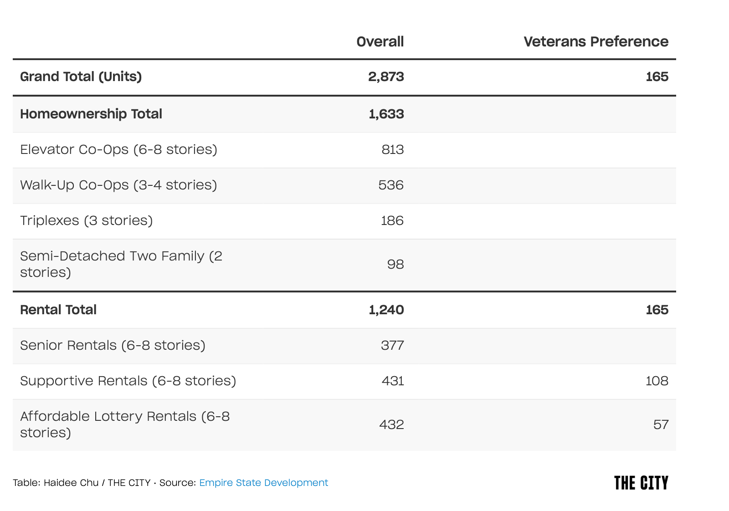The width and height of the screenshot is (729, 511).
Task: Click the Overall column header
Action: click(x=380, y=41)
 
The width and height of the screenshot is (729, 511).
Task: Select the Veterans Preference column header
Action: click(x=596, y=41)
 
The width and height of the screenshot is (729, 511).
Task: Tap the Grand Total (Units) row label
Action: click(x=81, y=77)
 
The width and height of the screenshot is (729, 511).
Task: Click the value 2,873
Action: click(x=386, y=77)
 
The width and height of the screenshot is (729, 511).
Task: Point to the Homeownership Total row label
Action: click(x=91, y=114)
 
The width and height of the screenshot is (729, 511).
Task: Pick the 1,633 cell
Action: click(x=386, y=114)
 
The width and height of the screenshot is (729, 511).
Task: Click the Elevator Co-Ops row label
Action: click(x=118, y=150)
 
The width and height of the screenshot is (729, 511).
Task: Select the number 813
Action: click(x=392, y=150)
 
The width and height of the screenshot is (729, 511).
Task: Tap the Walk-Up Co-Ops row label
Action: click(x=118, y=185)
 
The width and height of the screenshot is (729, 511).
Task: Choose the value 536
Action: click(x=391, y=185)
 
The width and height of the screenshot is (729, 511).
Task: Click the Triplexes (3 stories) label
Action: click(x=86, y=220)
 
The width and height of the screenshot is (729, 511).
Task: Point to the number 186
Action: click(x=392, y=221)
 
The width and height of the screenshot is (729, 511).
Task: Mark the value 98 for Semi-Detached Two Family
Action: click(x=395, y=265)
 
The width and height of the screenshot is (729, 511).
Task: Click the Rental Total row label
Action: click(x=58, y=310)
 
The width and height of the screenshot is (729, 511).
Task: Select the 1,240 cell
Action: click(x=386, y=310)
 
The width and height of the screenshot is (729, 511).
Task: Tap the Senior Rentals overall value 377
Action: click(x=392, y=345)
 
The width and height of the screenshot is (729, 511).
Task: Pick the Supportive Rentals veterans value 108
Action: click(x=657, y=381)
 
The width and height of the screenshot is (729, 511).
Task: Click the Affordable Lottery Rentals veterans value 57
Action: click(x=661, y=425)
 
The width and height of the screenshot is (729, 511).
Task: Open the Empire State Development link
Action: click(x=264, y=483)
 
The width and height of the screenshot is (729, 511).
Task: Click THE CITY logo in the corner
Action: click(x=641, y=483)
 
